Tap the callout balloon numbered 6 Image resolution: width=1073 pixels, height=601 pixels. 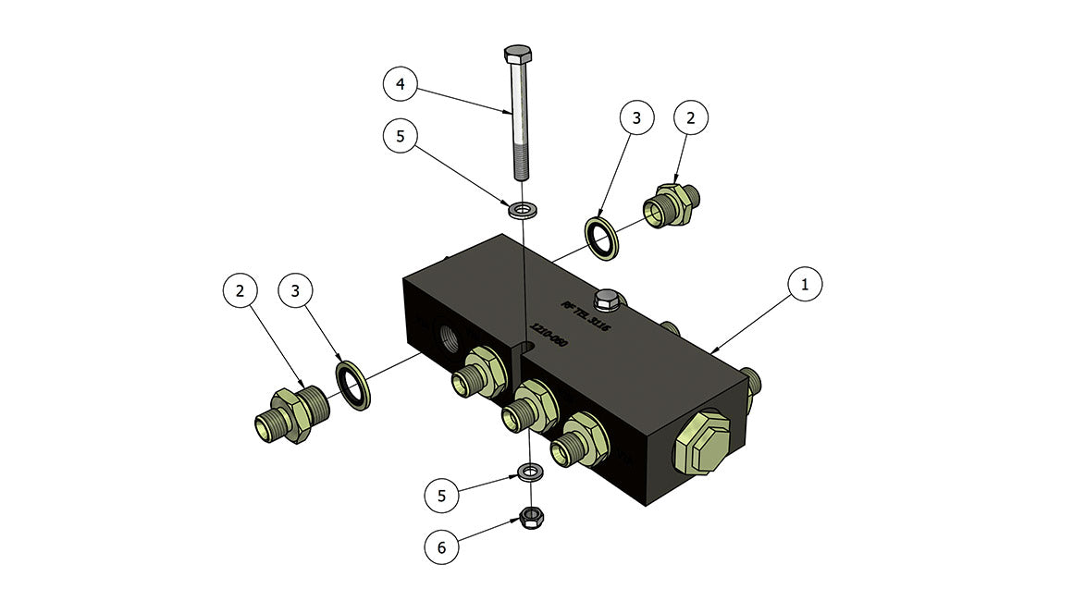[441, 547]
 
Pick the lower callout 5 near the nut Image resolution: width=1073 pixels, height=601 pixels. [441, 496]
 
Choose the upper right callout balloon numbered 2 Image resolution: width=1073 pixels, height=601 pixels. [691, 118]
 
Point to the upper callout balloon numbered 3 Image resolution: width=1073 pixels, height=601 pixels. [637, 118]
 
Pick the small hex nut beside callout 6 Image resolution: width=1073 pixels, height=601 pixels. [531, 515]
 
